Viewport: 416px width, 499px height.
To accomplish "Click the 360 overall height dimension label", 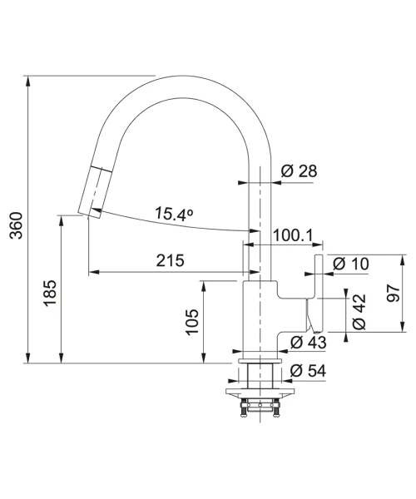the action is (17, 225).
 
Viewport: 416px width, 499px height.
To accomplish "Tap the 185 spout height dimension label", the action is (50, 293).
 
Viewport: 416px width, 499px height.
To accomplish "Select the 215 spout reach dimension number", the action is (170, 260).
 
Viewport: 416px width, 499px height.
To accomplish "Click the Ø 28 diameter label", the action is (300, 170).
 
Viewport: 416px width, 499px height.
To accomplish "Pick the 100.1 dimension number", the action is (293, 235).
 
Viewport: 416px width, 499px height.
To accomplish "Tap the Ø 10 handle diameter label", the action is (351, 264).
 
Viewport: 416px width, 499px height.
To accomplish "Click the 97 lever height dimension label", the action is (394, 294).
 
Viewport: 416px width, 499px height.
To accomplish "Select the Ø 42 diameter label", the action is (359, 312).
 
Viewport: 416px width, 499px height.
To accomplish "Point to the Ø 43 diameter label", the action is (309, 343).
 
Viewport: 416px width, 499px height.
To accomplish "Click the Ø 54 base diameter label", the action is (309, 371).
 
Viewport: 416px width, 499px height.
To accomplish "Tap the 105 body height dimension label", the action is (192, 322).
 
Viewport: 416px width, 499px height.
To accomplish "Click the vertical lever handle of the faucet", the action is (319, 293).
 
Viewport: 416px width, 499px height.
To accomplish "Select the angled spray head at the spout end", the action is (95, 191).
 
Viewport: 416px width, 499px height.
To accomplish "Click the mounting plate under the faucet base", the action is (260, 392).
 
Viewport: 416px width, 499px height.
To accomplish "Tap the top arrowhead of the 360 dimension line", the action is (28, 82).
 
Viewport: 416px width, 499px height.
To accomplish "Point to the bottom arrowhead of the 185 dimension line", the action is (62, 358).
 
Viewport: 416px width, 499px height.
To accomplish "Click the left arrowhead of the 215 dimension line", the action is (93, 272).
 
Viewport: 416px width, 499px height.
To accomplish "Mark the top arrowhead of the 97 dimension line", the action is (403, 260).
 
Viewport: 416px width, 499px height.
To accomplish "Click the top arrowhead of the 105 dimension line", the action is (204, 286).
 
